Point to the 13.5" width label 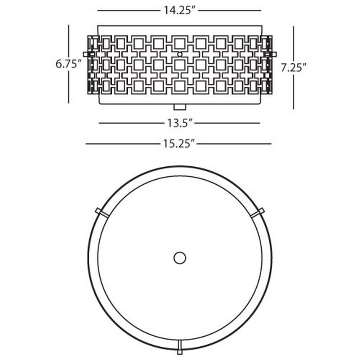tap(179, 123)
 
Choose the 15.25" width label tap(179, 144)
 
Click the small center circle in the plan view tap(180, 258)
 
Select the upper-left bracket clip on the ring tap(102, 212)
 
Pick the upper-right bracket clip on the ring tap(257, 212)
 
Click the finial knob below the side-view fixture tap(180, 107)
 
